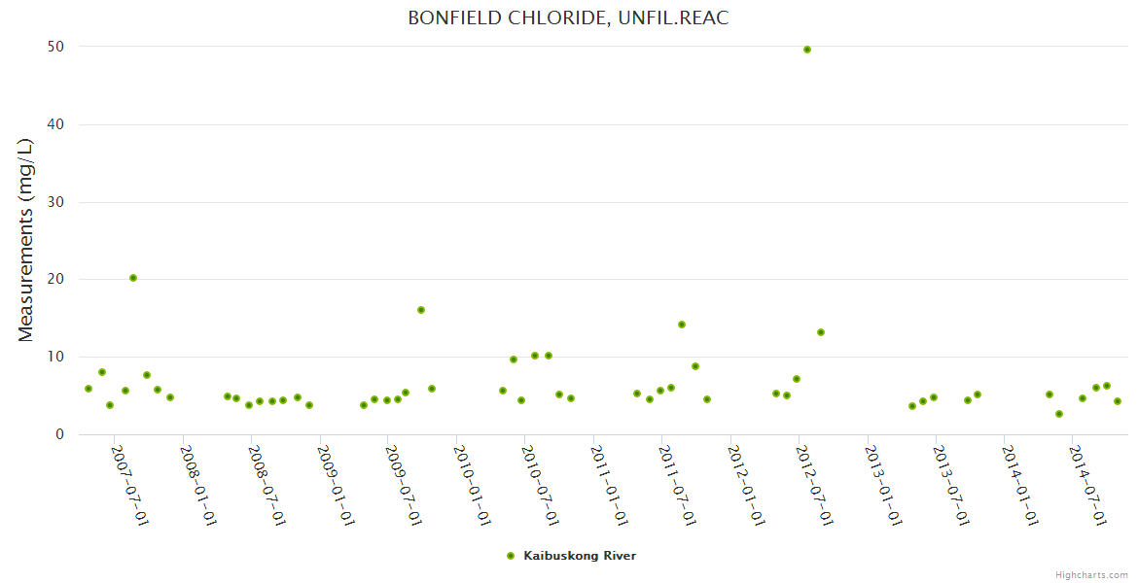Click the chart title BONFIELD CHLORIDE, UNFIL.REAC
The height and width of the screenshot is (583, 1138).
point(568,18)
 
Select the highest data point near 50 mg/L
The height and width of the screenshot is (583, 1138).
point(807,50)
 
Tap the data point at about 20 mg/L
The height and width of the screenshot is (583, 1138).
point(133,278)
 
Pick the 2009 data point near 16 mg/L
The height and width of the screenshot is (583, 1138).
point(421,310)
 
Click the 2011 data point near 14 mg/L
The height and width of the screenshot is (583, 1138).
point(682,325)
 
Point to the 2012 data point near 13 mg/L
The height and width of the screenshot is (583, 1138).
point(821,332)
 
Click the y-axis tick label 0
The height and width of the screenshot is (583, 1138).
point(59,434)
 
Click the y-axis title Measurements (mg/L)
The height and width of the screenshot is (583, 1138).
point(26,240)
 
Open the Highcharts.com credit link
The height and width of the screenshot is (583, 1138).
point(1091,574)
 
